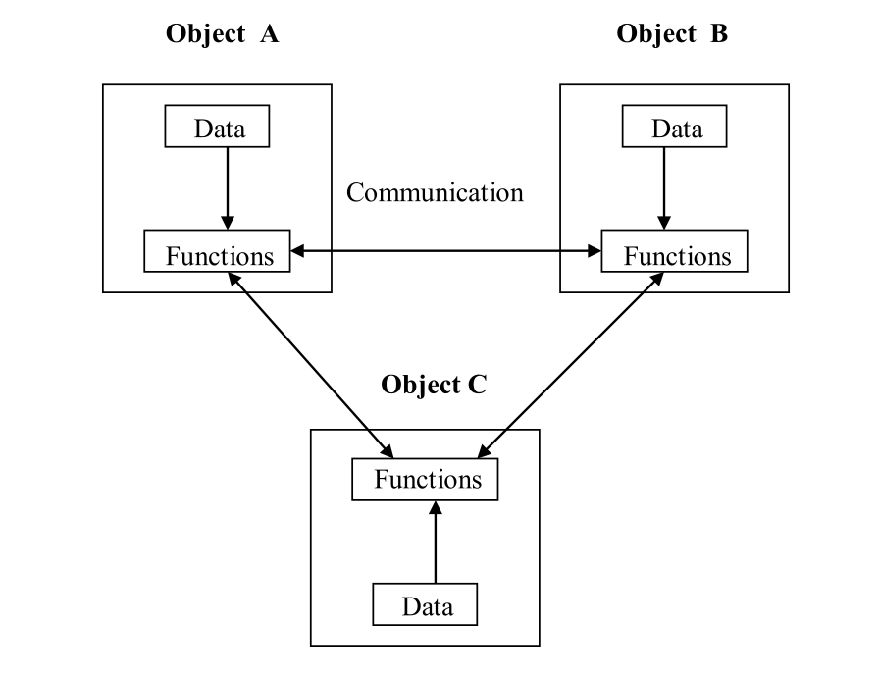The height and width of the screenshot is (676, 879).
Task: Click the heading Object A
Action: coord(223,33)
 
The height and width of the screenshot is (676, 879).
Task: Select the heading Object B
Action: coord(672,33)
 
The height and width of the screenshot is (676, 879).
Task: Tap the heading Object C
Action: coord(433,383)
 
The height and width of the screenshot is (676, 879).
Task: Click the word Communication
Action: coord(435,192)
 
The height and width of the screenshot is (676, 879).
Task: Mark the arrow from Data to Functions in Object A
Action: coord(227,187)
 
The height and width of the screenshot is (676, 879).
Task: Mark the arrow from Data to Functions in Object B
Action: coord(664,187)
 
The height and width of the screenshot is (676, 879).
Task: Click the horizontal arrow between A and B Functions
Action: coord(446,252)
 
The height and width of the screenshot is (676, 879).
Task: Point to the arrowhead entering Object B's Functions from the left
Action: coord(594,252)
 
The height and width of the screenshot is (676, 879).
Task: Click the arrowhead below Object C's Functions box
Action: coord(434,507)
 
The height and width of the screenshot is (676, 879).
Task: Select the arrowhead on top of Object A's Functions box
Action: coord(227,222)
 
